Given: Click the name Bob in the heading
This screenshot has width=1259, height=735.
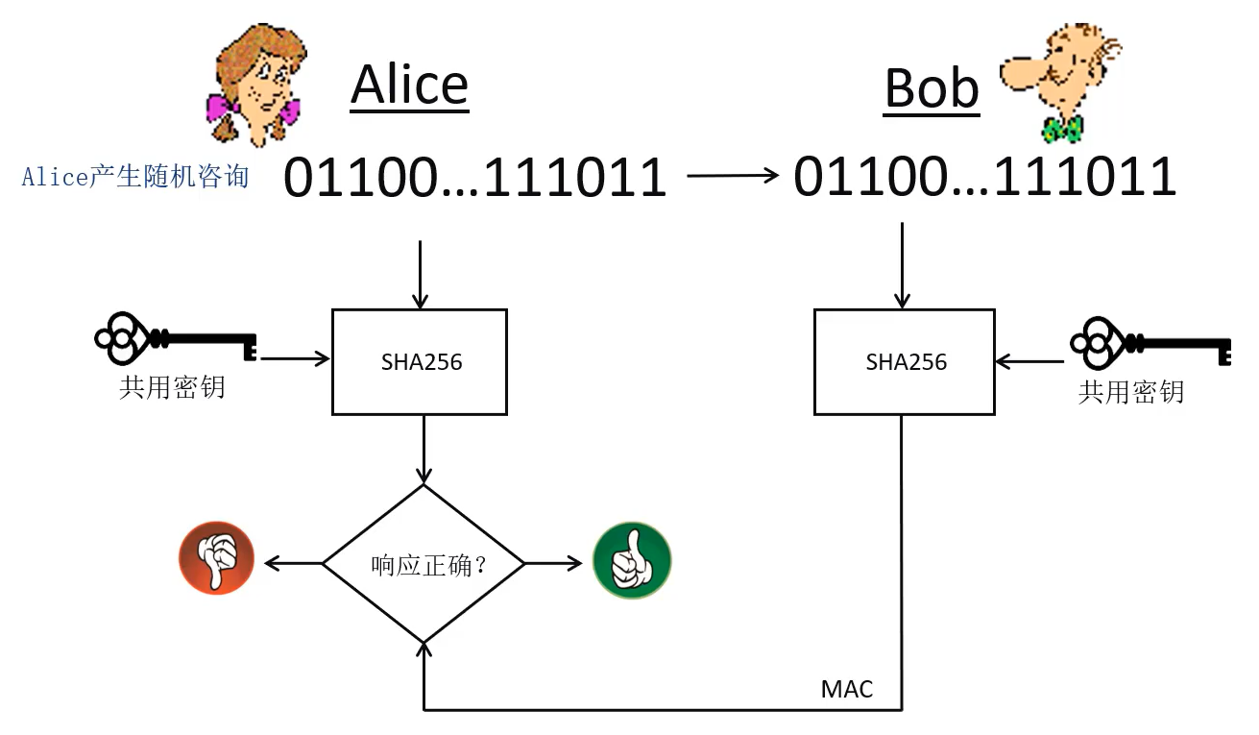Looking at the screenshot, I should point(931,88).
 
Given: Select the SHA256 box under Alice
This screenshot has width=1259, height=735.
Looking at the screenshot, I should point(420,361).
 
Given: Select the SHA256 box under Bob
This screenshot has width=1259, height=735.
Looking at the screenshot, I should point(904,361).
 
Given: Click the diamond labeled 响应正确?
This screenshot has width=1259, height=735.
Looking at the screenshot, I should point(424,564).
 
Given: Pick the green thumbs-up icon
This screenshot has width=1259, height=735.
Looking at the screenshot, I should point(632,561).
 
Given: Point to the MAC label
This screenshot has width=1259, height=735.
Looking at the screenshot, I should point(847,689).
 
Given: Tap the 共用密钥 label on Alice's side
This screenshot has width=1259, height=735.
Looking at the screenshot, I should point(172,386).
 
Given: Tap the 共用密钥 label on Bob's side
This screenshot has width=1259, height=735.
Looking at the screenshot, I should point(1130,392).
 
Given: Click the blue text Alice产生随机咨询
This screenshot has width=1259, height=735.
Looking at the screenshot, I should point(135,177).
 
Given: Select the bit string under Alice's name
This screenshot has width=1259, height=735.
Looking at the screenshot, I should point(474,178).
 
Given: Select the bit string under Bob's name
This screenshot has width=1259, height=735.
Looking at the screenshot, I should point(984,177).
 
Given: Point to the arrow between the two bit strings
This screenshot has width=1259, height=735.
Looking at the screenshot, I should point(732,175).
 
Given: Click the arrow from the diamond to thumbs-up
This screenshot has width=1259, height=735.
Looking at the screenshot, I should point(553,563).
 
